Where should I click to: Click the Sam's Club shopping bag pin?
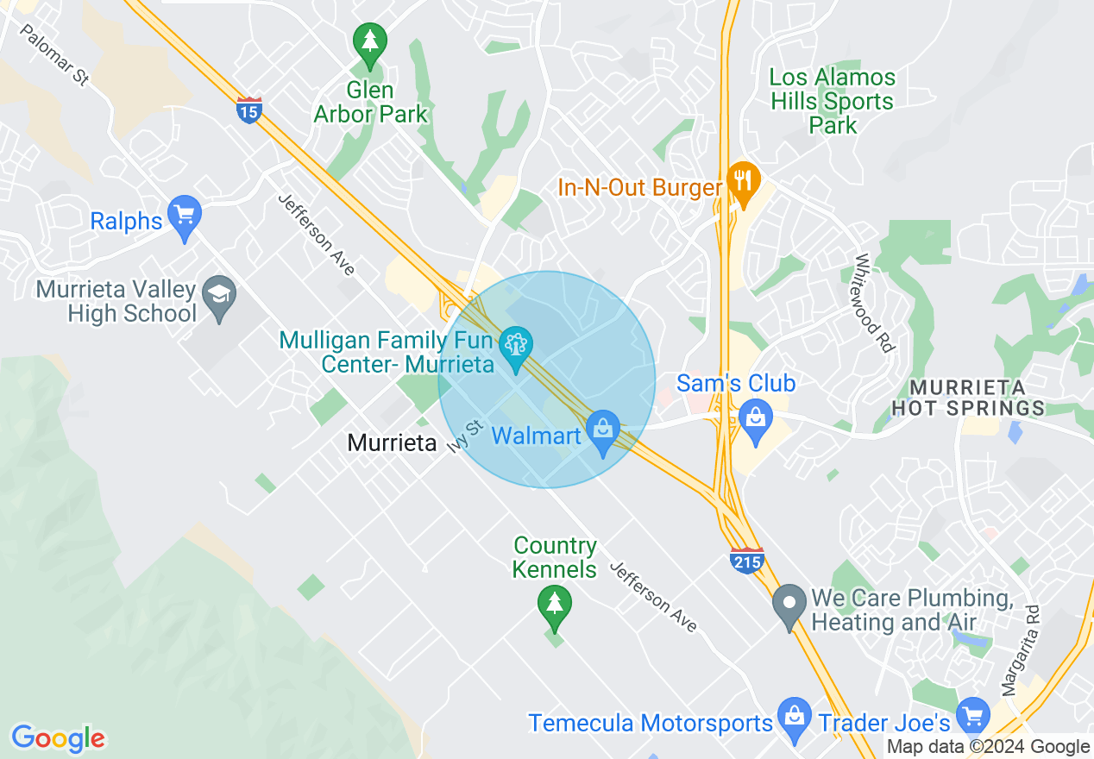tap(756, 420)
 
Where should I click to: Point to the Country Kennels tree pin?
tap(554, 605)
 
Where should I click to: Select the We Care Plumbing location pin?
tap(789, 606)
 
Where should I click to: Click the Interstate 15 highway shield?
tap(249, 110)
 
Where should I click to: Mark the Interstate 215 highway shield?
tap(746, 561)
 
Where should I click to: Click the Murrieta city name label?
tap(392, 443)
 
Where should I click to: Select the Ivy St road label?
tap(465, 436)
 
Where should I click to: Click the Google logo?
tap(58, 738)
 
